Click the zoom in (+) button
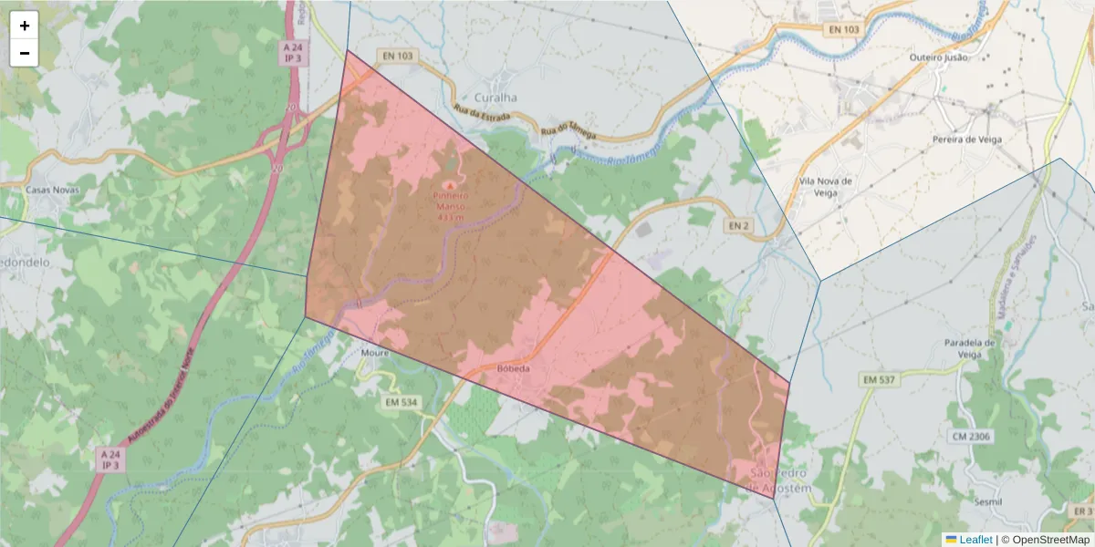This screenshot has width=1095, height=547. point(25,26)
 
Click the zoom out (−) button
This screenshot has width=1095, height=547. point(25,53)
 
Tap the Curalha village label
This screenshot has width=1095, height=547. point(495,98)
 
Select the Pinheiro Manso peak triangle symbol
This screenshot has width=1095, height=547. point(447,185)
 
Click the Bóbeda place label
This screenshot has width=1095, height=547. point(514,369)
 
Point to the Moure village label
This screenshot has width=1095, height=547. point(375,353)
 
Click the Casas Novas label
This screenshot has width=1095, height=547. point(53,190)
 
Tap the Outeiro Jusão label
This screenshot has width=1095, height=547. point(938,57)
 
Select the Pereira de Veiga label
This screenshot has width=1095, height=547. point(967,139)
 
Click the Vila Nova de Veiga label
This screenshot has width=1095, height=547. point(825,186)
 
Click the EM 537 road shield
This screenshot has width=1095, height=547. point(881,378)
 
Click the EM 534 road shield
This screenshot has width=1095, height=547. point(401,402)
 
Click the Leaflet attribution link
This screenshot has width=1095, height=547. point(975,540)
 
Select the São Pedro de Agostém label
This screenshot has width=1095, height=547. point(779,481)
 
